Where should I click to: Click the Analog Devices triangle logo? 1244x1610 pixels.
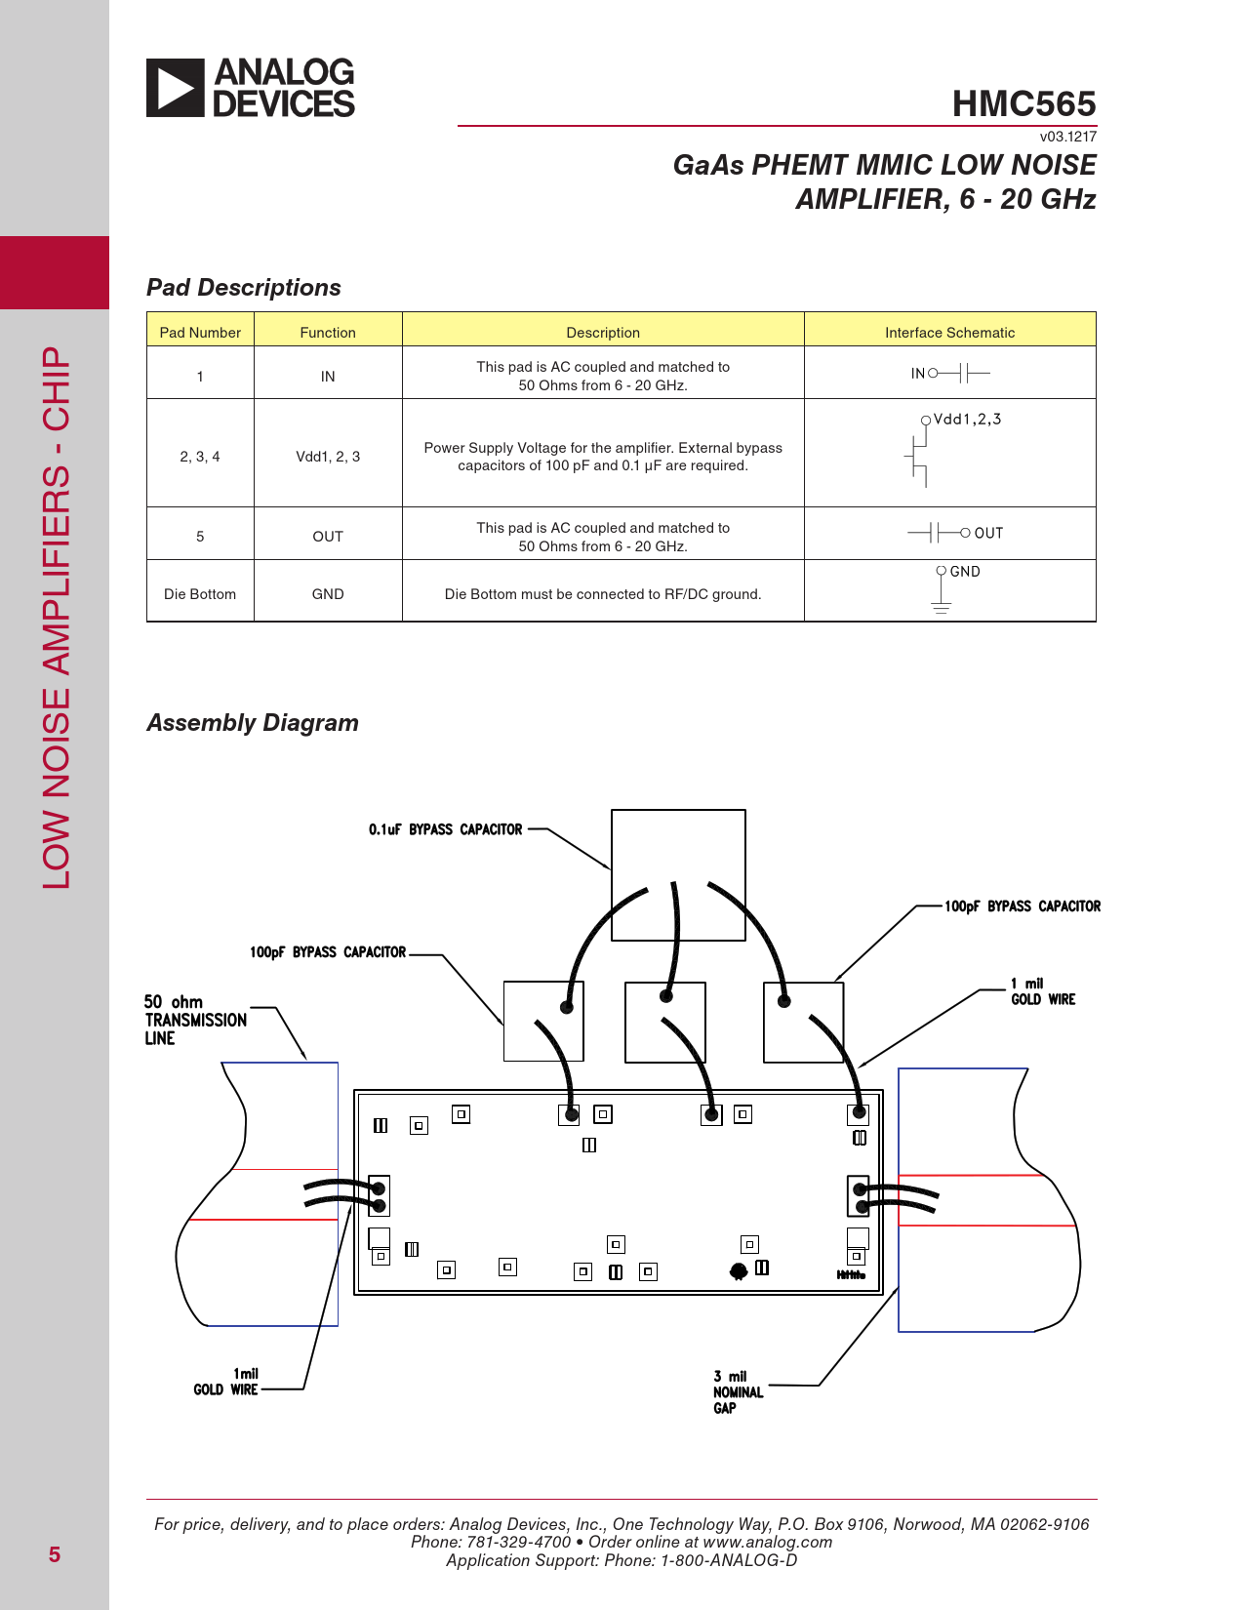(176, 88)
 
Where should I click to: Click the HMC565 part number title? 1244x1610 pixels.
(1023, 103)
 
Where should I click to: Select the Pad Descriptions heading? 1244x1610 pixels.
(244, 288)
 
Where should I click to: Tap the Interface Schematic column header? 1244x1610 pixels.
(949, 333)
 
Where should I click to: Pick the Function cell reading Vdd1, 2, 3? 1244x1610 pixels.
(328, 457)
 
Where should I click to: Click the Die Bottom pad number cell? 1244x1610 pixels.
(200, 594)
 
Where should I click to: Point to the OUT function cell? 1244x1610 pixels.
(328, 537)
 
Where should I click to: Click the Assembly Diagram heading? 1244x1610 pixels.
(253, 723)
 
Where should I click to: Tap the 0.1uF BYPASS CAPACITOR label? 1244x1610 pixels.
(445, 829)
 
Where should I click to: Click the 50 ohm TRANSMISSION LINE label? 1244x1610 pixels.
(195, 1020)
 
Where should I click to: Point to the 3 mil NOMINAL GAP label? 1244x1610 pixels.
(738, 1392)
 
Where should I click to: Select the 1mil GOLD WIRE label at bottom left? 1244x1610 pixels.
(226, 1382)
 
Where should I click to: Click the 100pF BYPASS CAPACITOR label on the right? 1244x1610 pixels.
(1022, 906)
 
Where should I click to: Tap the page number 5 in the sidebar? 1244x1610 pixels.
(55, 1555)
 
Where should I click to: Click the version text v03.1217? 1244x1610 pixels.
(1067, 137)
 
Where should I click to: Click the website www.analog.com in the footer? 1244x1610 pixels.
(767, 1543)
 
